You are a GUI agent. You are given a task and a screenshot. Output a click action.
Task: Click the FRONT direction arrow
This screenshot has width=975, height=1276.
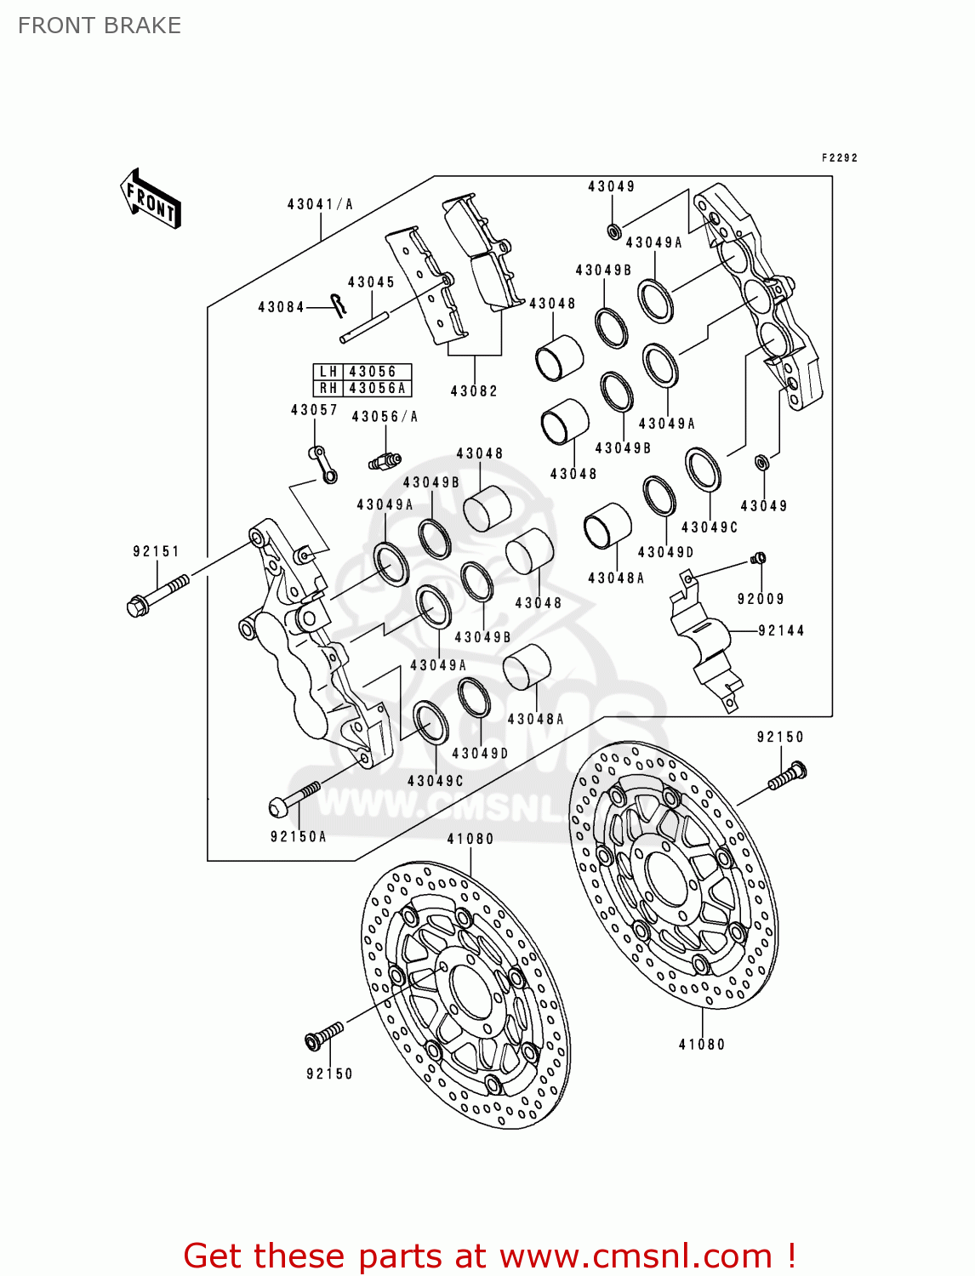pos(151,199)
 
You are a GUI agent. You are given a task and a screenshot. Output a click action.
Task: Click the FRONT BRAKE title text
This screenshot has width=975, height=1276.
pos(99,26)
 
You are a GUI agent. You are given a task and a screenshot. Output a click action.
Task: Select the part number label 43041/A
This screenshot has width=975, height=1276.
pos(320,204)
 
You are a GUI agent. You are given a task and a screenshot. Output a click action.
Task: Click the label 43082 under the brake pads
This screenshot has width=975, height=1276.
pos(474,391)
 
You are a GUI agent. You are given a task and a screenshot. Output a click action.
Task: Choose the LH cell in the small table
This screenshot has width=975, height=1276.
pos(328,372)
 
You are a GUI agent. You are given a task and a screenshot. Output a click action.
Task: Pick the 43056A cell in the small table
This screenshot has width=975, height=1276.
pos(377,389)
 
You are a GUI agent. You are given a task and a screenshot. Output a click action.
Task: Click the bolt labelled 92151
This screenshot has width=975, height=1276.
pos(157,594)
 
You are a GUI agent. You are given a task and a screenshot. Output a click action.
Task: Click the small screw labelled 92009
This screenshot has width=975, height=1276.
pos(759,558)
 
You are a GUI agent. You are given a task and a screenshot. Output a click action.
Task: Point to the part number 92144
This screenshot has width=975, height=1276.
pos(781,631)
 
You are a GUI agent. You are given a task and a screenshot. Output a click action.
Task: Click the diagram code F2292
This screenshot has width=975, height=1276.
pos(839,158)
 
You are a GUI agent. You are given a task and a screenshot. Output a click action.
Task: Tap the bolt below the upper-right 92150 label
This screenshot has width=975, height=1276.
pos(787,776)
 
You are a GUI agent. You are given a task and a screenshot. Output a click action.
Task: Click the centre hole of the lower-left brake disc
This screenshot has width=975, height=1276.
pos(470,991)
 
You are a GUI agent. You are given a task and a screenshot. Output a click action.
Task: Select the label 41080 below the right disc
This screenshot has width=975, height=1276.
pos(702,1045)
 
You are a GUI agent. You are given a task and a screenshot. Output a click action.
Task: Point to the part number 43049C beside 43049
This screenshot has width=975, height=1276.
pos(710,527)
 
